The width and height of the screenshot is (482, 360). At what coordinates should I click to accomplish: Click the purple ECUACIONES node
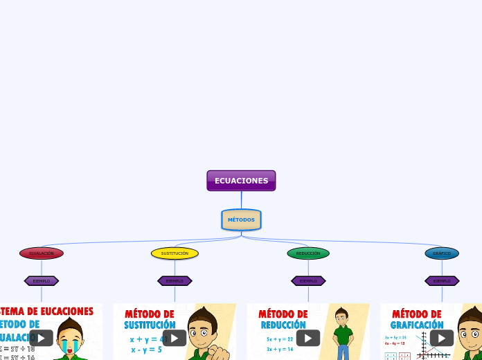tap(241, 181)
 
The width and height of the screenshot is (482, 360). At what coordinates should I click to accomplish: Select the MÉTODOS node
tap(241, 219)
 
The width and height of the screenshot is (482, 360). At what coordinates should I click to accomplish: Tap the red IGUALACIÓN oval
tap(42, 253)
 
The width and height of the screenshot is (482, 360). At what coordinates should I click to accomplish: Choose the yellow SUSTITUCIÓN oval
tap(175, 253)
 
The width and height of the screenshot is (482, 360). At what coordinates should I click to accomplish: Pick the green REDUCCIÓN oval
tap(308, 253)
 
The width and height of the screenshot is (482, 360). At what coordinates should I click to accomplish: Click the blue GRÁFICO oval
tap(442, 253)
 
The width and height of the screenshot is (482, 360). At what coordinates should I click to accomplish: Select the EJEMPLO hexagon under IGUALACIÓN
tap(42, 281)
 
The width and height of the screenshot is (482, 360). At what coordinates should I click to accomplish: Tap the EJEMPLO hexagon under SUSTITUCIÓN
tap(175, 281)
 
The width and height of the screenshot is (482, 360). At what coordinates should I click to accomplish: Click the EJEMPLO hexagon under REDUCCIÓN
tap(308, 281)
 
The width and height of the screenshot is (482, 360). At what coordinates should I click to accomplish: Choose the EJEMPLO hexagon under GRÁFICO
tap(442, 281)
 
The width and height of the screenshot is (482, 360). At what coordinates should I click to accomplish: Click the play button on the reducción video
tap(308, 338)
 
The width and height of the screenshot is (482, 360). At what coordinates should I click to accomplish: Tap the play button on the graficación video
tap(442, 338)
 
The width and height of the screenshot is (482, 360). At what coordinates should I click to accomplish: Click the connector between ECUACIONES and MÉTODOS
tap(241, 200)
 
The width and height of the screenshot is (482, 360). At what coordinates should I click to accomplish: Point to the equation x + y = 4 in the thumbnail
tap(145, 339)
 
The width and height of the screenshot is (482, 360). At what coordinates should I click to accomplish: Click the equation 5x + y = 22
tap(280, 339)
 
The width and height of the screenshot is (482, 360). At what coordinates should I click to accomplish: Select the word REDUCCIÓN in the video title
tap(283, 325)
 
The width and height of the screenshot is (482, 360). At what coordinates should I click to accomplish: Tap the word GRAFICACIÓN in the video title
tap(417, 325)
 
